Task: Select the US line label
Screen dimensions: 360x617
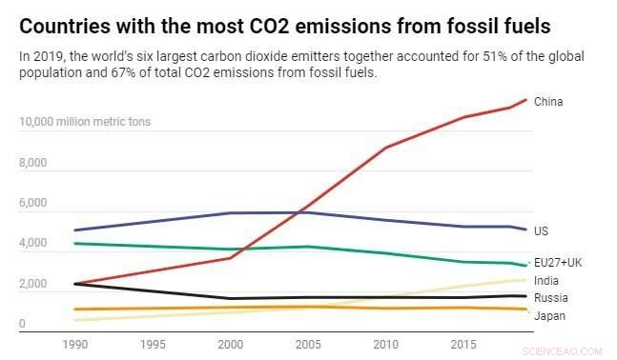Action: tap(542, 231)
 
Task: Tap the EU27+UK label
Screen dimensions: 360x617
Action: tap(559, 262)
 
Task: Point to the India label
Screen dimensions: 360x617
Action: tap(546, 280)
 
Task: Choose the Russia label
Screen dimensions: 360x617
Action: tap(549, 298)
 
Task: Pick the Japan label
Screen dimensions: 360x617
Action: tap(548, 315)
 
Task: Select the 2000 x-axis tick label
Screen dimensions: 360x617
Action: tap(231, 343)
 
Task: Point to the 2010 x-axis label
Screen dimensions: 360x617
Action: tap(386, 343)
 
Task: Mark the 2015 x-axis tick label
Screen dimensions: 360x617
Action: tap(464, 343)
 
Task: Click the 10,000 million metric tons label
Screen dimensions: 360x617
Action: tap(85, 122)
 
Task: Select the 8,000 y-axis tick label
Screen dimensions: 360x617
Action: tap(33, 163)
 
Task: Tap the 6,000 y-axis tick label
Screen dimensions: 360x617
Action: tap(33, 204)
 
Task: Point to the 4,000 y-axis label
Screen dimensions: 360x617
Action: tap(33, 244)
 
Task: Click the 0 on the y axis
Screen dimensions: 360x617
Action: tap(22, 325)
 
